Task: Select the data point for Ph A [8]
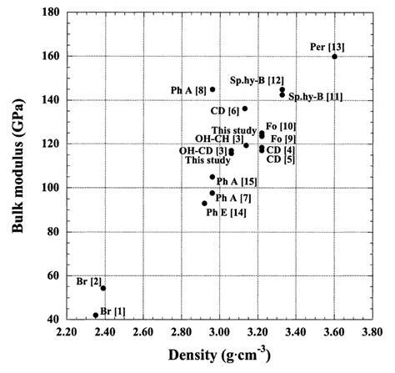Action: (x=212, y=89)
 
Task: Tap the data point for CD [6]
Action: (x=245, y=108)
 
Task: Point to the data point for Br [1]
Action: (x=96, y=315)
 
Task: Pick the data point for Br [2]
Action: (x=103, y=288)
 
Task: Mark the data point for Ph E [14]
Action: (x=204, y=203)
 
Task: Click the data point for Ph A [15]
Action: (x=212, y=177)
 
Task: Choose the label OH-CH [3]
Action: (x=220, y=139)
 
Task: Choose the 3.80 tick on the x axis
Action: (x=372, y=332)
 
